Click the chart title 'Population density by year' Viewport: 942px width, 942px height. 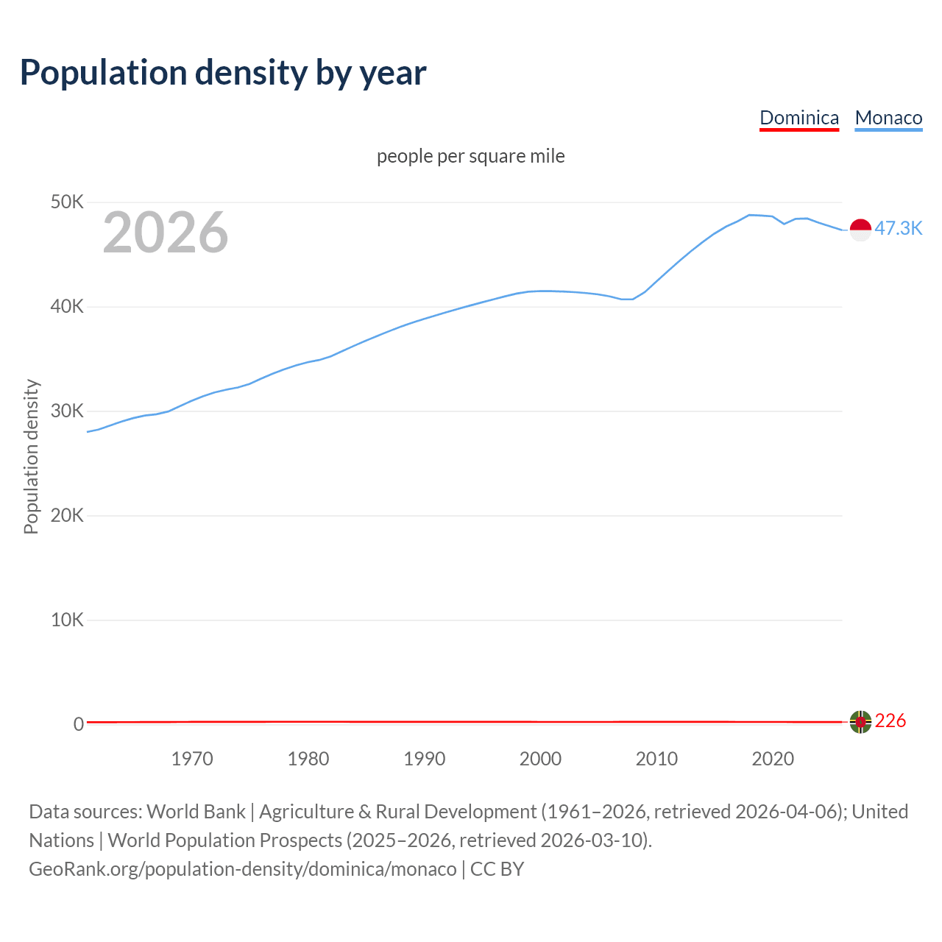tap(223, 73)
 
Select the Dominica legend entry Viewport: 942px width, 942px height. tap(798, 118)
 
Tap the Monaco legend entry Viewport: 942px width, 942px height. tap(888, 118)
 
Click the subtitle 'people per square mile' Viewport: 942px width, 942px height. tap(471, 156)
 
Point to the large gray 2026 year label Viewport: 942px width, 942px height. tap(166, 233)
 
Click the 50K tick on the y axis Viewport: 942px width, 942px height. tap(68, 202)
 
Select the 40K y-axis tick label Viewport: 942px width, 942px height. tap(68, 306)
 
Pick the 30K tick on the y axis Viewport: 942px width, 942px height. tap(68, 411)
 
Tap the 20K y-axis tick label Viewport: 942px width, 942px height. tap(68, 515)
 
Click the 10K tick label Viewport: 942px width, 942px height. tap(68, 620)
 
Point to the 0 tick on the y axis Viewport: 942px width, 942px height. tap(79, 724)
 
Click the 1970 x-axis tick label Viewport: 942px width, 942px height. tap(192, 759)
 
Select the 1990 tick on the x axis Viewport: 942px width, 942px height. tap(425, 759)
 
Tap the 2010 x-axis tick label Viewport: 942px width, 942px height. tap(656, 759)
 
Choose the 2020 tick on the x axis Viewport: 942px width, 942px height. tap(773, 759)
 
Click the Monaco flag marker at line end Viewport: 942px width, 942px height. tap(860, 230)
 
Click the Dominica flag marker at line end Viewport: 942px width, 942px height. tap(860, 722)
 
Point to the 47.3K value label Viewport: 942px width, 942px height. tap(898, 228)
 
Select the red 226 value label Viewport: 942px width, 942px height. tap(890, 720)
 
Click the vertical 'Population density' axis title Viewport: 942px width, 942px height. tap(31, 456)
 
